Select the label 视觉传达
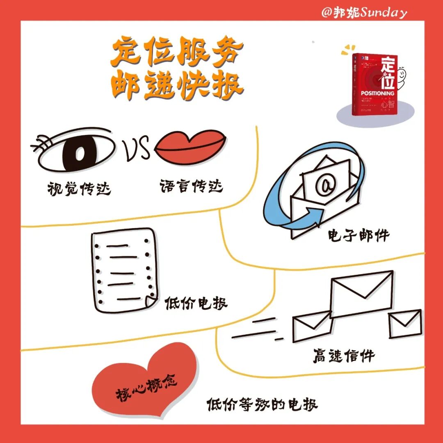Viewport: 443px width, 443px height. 79,189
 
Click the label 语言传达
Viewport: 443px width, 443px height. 191,186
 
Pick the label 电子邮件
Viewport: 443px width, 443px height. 358,235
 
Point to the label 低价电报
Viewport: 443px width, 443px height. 196,304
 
